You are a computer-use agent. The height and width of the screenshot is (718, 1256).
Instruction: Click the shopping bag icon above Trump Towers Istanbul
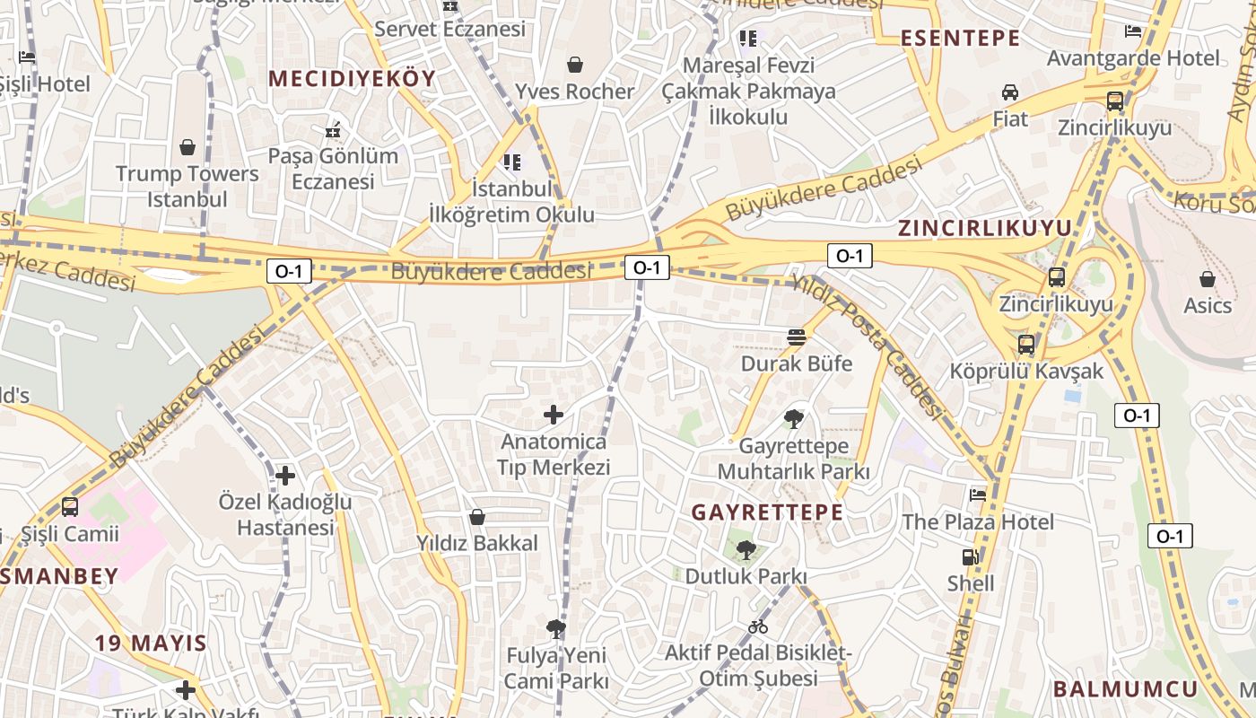[x=188, y=146]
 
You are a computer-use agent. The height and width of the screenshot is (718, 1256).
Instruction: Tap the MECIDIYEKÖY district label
[x=352, y=78]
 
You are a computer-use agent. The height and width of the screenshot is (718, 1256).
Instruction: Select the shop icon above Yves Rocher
[x=574, y=65]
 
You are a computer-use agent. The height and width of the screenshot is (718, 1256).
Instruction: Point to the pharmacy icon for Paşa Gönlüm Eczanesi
[x=334, y=130]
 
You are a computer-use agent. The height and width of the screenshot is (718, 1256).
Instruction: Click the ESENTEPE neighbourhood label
[x=960, y=38]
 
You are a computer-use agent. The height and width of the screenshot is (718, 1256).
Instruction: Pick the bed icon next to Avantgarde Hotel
[x=1133, y=31]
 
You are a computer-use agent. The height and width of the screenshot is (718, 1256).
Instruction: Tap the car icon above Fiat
[x=1010, y=92]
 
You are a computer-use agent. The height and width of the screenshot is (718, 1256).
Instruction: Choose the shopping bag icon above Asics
[x=1208, y=278]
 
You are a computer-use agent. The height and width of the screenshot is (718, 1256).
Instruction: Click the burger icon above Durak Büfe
[x=796, y=337]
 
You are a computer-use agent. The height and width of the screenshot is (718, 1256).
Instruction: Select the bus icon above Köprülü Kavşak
[x=1026, y=345]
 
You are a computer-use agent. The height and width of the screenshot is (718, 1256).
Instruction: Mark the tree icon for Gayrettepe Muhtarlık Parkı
[x=793, y=418]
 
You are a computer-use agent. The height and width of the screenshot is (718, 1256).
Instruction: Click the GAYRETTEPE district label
[x=767, y=512]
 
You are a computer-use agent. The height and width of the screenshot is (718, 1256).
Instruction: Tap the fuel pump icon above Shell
[x=971, y=557]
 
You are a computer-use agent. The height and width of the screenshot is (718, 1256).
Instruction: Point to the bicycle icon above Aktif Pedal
[x=758, y=626]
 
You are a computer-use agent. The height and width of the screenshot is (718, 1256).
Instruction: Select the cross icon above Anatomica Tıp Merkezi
[x=554, y=415]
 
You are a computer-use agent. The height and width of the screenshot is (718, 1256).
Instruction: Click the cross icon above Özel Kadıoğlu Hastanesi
[x=285, y=475]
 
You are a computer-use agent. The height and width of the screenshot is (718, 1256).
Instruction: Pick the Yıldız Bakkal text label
[x=477, y=543]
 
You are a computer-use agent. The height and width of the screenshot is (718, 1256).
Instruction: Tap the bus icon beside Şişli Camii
[x=70, y=507]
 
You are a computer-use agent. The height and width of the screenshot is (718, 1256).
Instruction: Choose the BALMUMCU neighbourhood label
[x=1125, y=689]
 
